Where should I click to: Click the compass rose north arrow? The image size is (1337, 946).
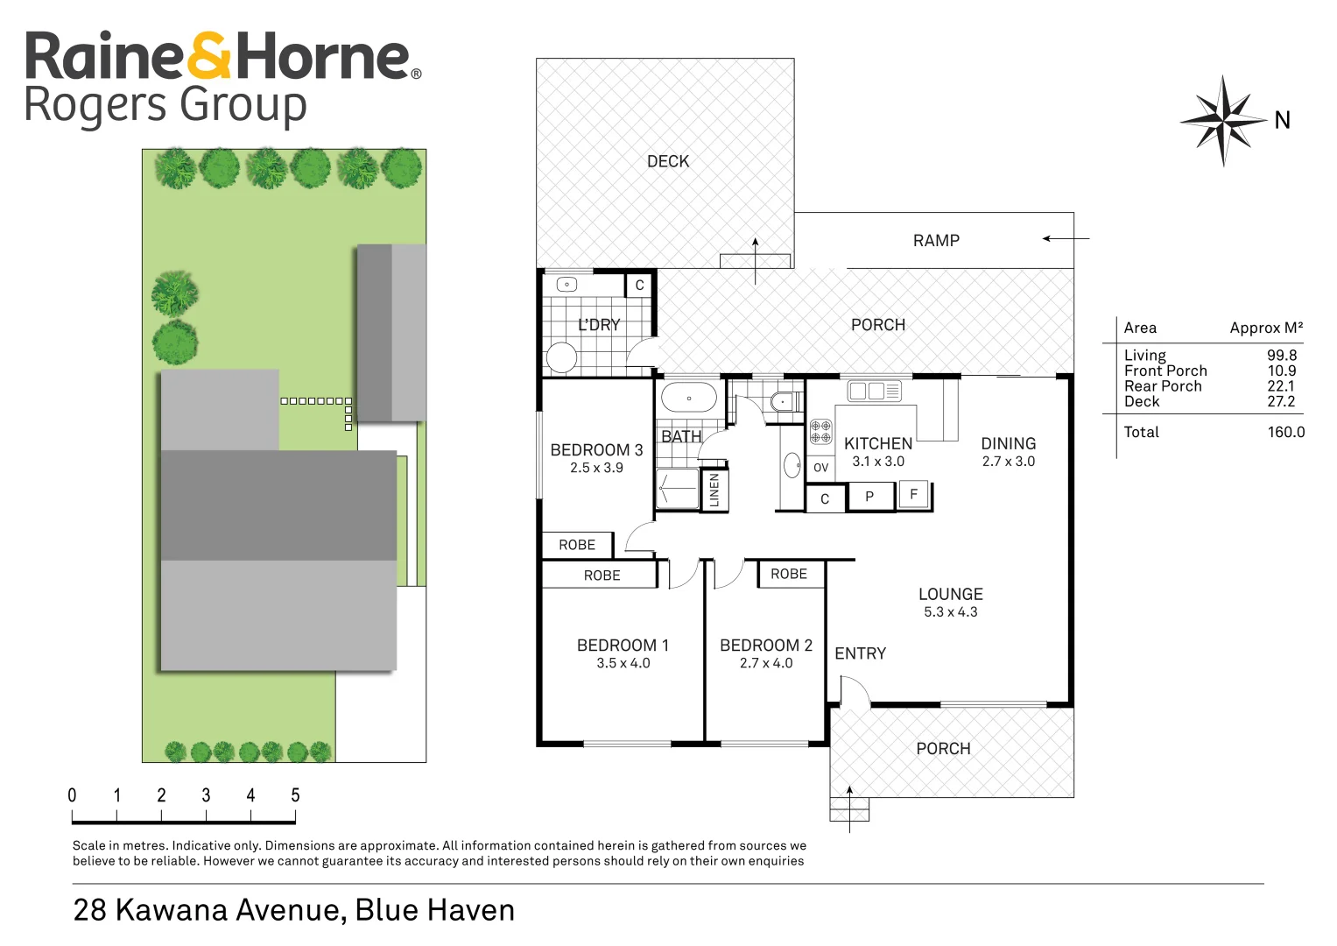coord(1224,120)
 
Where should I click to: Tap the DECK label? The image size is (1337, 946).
coord(668,161)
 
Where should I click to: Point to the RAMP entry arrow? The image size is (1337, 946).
coord(1066,238)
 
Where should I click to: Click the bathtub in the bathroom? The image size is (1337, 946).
coord(688,398)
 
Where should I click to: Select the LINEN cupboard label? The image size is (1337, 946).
coord(714,490)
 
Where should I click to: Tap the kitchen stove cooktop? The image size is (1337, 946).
coord(820,431)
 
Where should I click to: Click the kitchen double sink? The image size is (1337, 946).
coord(874,391)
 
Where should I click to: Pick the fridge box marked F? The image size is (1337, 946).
coord(913,494)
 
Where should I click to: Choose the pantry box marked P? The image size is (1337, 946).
coord(869,497)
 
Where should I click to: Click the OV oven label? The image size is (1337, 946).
coord(820,468)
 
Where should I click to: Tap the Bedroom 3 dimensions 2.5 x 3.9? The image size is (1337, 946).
coord(596,468)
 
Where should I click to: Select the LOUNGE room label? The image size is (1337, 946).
coord(950,594)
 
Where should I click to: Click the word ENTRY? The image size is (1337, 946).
coord(860,653)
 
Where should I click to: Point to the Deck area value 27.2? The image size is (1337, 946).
coord(1281,401)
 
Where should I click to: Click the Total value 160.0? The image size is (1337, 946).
coord(1285,432)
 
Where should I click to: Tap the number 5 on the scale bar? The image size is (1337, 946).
coord(295,795)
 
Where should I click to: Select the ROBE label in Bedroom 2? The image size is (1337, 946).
coord(789,574)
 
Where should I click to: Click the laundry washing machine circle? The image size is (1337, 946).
coord(561,357)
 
